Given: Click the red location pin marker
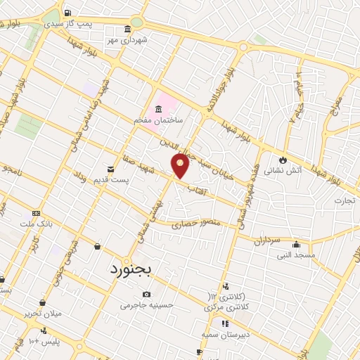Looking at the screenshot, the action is [x=181, y=165].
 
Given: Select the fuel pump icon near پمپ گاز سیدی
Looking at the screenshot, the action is [x=67, y=13].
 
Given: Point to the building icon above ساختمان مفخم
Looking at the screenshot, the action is [x=157, y=109].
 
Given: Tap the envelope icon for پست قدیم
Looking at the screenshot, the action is [x=110, y=169].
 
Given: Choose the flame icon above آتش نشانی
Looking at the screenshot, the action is [x=283, y=160].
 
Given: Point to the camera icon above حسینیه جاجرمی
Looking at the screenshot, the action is [x=146, y=294].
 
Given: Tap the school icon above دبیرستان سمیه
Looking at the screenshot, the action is [x=225, y=324].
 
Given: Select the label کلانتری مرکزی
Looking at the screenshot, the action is [x=228, y=307].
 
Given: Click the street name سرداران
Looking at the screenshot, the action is [x=268, y=239].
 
